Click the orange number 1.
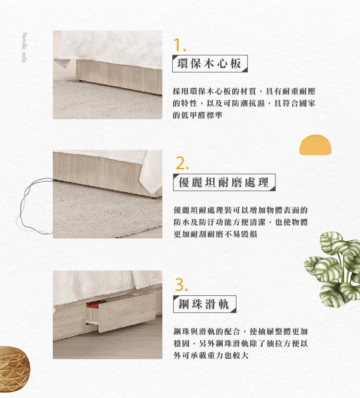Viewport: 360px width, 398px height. pos(180,45)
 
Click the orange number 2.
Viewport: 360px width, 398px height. pos(182,164)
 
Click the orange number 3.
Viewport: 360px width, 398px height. pos(181,285)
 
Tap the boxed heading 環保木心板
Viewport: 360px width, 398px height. pos(210,63)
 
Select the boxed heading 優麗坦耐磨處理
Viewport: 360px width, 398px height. pos(224,182)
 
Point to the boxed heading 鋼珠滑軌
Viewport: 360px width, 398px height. pos(204,304)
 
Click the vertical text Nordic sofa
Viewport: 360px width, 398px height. pos(24,47)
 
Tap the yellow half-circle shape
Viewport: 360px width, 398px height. pos(315,145)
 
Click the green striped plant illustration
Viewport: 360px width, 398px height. pos(333,269)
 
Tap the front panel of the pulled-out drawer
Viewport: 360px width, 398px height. pos(127,312)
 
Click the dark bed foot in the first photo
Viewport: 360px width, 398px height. pos(81,81)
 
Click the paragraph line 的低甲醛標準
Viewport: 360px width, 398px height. pos(197,115)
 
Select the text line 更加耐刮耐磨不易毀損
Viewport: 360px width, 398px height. pos(215,234)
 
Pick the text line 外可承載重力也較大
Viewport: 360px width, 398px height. pos(211,355)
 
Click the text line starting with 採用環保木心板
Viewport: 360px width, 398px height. pos(244,91)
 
